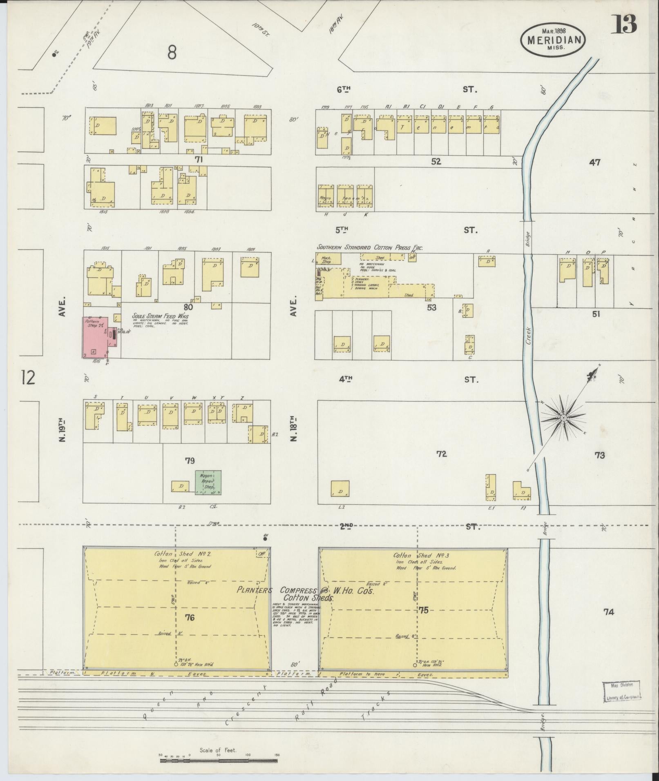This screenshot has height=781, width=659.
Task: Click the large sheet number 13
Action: (623, 25)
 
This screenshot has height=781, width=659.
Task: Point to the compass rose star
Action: (563, 418)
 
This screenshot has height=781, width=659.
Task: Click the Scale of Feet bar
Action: (219, 760)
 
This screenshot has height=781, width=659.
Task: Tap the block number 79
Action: (190, 461)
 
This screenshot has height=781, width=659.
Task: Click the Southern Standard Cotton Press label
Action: (370, 247)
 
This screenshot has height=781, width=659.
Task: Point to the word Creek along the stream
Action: (528, 336)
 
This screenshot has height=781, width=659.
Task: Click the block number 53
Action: (431, 307)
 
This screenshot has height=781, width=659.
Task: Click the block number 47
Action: (594, 162)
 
